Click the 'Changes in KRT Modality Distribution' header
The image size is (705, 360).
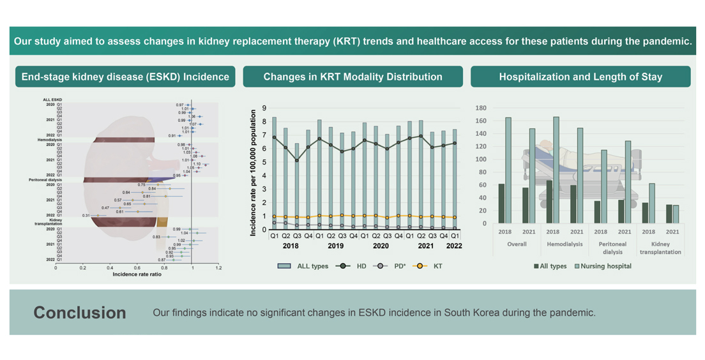352,77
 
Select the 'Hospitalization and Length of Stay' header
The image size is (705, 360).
580,77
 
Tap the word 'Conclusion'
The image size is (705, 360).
80,313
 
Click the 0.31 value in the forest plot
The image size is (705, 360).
86,216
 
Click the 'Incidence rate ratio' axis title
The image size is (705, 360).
137,274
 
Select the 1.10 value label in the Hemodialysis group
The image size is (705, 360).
197,164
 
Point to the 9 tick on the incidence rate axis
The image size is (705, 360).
264,108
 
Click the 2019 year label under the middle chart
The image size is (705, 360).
336,246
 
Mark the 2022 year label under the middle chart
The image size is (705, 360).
455,246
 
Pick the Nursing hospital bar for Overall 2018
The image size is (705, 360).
508,170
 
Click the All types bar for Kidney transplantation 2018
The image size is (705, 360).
645,213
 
